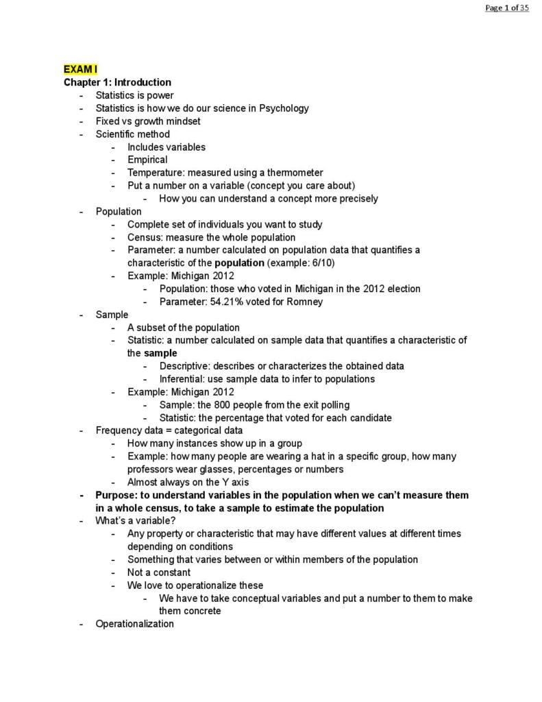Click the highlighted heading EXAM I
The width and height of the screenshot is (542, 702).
(x=80, y=69)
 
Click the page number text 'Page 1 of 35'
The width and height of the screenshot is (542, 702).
(x=506, y=8)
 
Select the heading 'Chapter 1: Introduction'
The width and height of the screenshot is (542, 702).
(x=117, y=82)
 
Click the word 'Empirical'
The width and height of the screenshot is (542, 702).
(x=147, y=160)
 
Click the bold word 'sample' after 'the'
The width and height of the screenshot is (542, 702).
(x=160, y=353)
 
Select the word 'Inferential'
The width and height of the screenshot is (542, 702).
(x=183, y=379)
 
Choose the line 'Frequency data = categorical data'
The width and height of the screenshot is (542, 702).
(x=169, y=431)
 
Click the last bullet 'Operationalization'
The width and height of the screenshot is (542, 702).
(x=134, y=624)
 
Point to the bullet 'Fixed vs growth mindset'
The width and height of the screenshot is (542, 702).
(x=148, y=121)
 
